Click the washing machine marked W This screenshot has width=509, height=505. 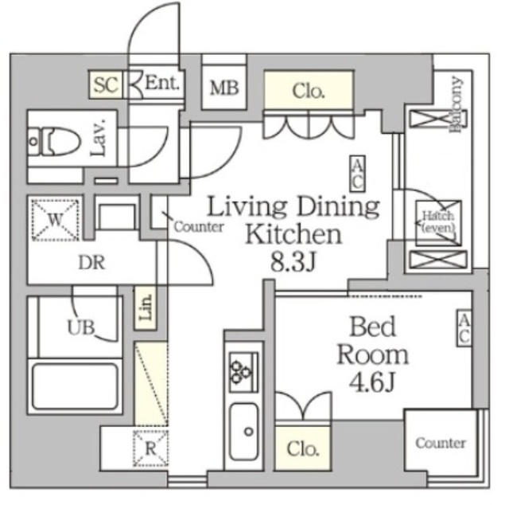[x=56, y=217]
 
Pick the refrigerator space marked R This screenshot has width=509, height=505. [x=150, y=449]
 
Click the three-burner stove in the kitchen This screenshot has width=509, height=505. [x=242, y=370]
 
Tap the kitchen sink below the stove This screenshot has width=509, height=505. [x=243, y=431]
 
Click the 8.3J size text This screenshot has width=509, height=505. [x=293, y=263]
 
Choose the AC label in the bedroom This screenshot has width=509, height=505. [x=464, y=328]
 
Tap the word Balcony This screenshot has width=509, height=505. [x=456, y=107]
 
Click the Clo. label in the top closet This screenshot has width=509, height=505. [x=309, y=91]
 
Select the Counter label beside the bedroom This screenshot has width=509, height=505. [x=440, y=443]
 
